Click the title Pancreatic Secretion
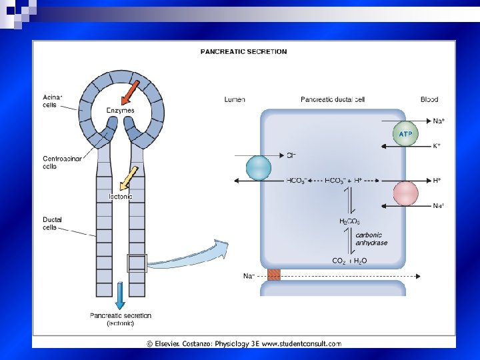click(x=244, y=51)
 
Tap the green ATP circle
click(x=405, y=134)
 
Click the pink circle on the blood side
click(x=405, y=193)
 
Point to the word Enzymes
click(x=120, y=110)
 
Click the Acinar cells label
click(x=52, y=101)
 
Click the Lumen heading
click(x=235, y=99)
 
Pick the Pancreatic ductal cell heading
click(x=333, y=99)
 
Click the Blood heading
click(x=429, y=99)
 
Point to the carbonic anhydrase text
click(x=371, y=239)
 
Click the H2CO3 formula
click(x=350, y=221)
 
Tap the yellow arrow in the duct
click(x=128, y=178)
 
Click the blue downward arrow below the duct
click(x=120, y=295)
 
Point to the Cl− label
click(x=291, y=156)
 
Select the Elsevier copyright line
click(x=243, y=343)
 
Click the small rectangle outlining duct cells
click(x=137, y=263)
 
